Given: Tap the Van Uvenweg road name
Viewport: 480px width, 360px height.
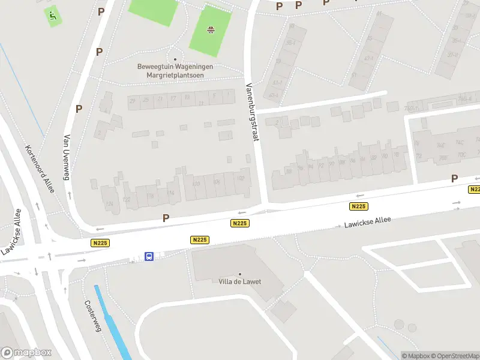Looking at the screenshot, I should [67, 157].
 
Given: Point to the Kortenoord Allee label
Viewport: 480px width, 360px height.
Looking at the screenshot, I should [40, 169].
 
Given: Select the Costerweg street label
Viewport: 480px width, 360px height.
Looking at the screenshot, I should [93, 316].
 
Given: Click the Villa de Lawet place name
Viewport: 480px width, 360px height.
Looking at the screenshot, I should [240, 282].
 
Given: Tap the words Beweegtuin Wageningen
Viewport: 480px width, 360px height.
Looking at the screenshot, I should [175, 67].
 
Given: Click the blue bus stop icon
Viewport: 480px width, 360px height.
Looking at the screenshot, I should [149, 256].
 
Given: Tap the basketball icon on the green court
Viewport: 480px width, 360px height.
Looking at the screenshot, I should [211, 29].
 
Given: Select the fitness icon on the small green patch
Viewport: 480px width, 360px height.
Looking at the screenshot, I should [53, 16].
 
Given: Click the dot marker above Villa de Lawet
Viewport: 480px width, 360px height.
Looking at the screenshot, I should [240, 274].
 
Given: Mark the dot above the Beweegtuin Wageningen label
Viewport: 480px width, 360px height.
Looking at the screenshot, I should [175, 59].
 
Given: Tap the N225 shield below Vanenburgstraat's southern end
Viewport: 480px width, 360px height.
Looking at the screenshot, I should [239, 223].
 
